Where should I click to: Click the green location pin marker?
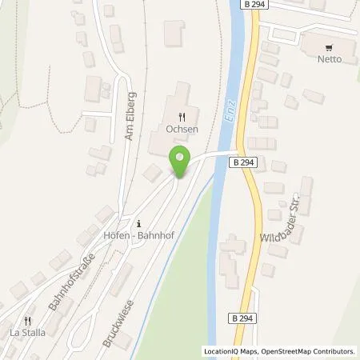coord(180,162)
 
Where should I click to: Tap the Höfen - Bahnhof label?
coord(141,236)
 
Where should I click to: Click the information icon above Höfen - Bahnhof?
coord(140,223)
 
